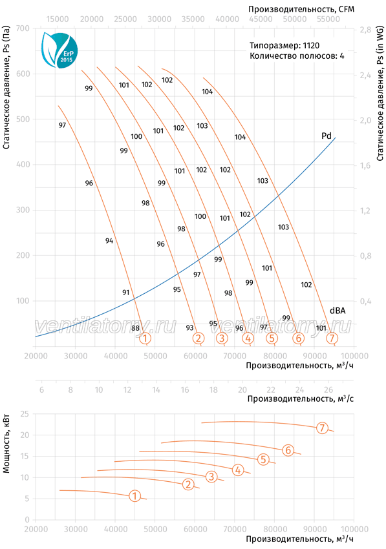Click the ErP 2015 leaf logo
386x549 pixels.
point(59,50)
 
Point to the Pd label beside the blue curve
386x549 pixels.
point(327,136)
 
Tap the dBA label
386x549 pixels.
point(338,311)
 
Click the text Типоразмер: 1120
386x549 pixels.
point(284,45)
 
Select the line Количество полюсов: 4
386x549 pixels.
point(297,56)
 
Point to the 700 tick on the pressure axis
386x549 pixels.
point(23,28)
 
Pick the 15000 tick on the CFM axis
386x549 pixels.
point(58,19)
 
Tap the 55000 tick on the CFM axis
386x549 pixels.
point(328,19)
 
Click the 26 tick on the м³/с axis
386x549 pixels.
point(328,389)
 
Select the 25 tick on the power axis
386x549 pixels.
point(25,414)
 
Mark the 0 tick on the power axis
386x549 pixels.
point(27,520)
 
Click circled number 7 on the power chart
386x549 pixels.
point(322,428)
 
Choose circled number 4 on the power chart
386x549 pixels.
point(238,470)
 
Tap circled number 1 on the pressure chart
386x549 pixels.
point(145,338)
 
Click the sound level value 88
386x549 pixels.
point(135,328)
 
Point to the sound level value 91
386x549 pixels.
point(126,293)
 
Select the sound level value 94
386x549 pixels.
point(109,241)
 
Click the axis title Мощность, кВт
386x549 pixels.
point(6,444)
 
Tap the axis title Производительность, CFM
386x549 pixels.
point(301,9)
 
